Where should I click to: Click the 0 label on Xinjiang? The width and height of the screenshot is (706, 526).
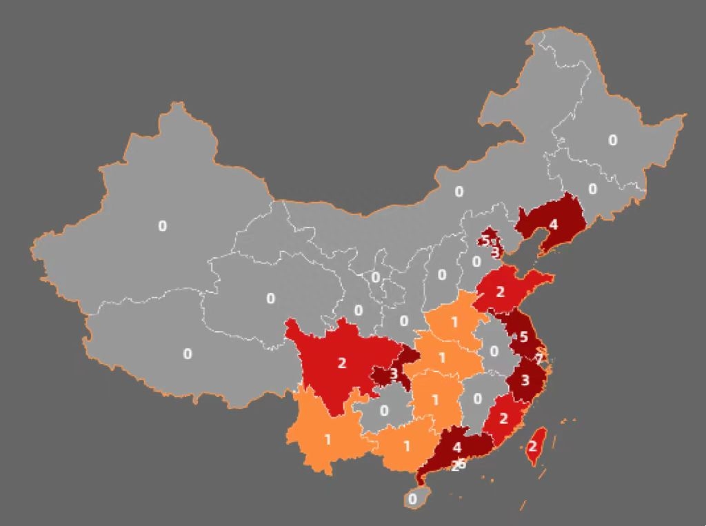pos(163,225)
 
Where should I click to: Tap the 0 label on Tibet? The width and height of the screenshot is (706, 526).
pos(188,354)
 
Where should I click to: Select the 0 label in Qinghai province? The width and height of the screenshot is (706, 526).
pos(270,299)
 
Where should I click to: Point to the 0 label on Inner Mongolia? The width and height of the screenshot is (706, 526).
pos(459,192)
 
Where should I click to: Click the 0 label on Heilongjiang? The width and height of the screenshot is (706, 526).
pos(613,141)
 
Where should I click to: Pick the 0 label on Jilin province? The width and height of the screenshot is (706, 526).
pos(592,188)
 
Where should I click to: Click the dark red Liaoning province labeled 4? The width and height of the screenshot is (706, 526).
pos(553,224)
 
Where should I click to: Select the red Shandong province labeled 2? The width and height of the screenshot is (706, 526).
pos(501,292)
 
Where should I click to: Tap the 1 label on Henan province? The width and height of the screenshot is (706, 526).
pos(454,322)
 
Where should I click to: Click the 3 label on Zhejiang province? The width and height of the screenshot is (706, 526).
pos(525,380)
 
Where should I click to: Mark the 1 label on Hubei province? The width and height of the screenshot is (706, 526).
pos(442,357)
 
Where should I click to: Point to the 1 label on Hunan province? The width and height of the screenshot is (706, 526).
pos(435,401)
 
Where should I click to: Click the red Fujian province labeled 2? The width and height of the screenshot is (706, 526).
pos(503,418)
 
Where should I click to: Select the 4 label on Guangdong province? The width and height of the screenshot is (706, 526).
pos(457,447)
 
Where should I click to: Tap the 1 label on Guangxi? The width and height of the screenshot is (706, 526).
pos(407,446)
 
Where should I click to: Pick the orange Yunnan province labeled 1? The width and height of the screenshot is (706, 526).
pos(327,439)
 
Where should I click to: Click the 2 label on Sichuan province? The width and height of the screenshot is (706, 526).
pos(342,363)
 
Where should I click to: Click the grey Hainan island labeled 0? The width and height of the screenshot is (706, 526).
pos(412,498)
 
